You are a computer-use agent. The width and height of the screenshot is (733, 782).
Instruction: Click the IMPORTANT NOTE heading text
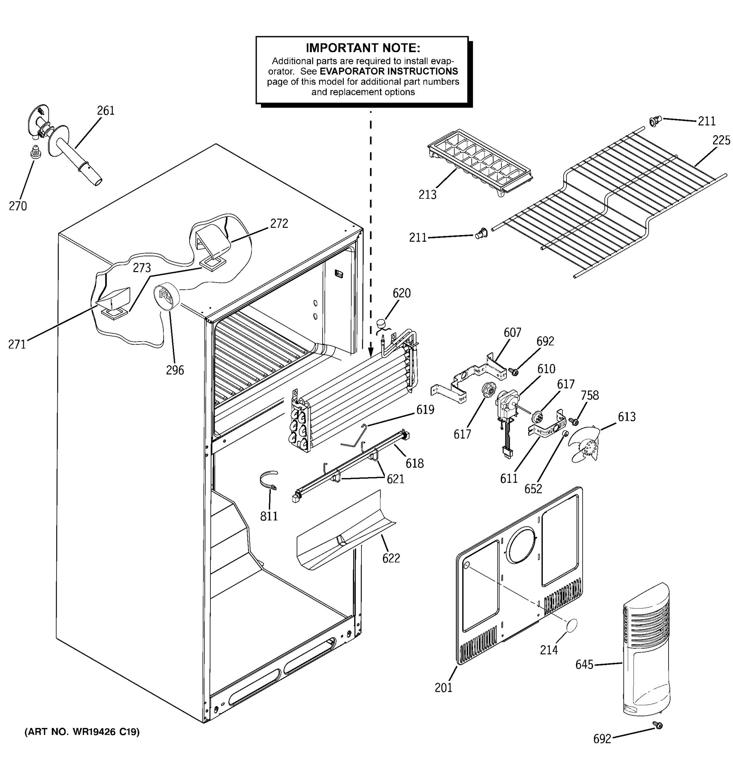pyautogui.click(x=363, y=48)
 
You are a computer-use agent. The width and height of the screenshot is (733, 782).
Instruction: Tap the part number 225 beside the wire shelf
pyautogui.click(x=721, y=140)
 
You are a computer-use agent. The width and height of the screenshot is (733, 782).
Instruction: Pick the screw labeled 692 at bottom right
pyautogui.click(x=657, y=725)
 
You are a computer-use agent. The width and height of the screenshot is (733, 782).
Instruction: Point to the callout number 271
pyautogui.click(x=17, y=345)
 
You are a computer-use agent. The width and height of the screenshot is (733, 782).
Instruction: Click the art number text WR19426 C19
pyautogui.click(x=82, y=732)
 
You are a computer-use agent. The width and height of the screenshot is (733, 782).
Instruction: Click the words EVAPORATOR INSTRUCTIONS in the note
pyautogui.click(x=389, y=71)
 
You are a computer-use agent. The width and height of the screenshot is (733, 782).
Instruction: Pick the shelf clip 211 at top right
pyautogui.click(x=655, y=121)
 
